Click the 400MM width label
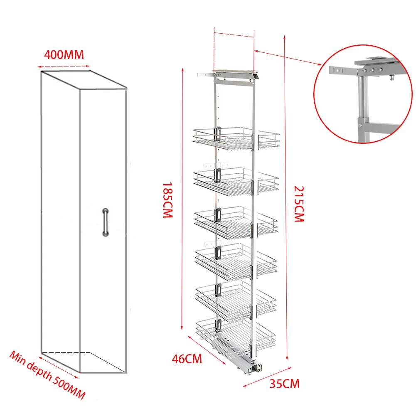[x=64, y=54]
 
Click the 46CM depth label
[x=187, y=358]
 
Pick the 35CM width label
[x=284, y=384]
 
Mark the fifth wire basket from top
[x=236, y=298]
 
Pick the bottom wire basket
[x=236, y=332]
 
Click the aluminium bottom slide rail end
[x=254, y=367]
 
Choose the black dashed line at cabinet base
[x=66, y=353]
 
